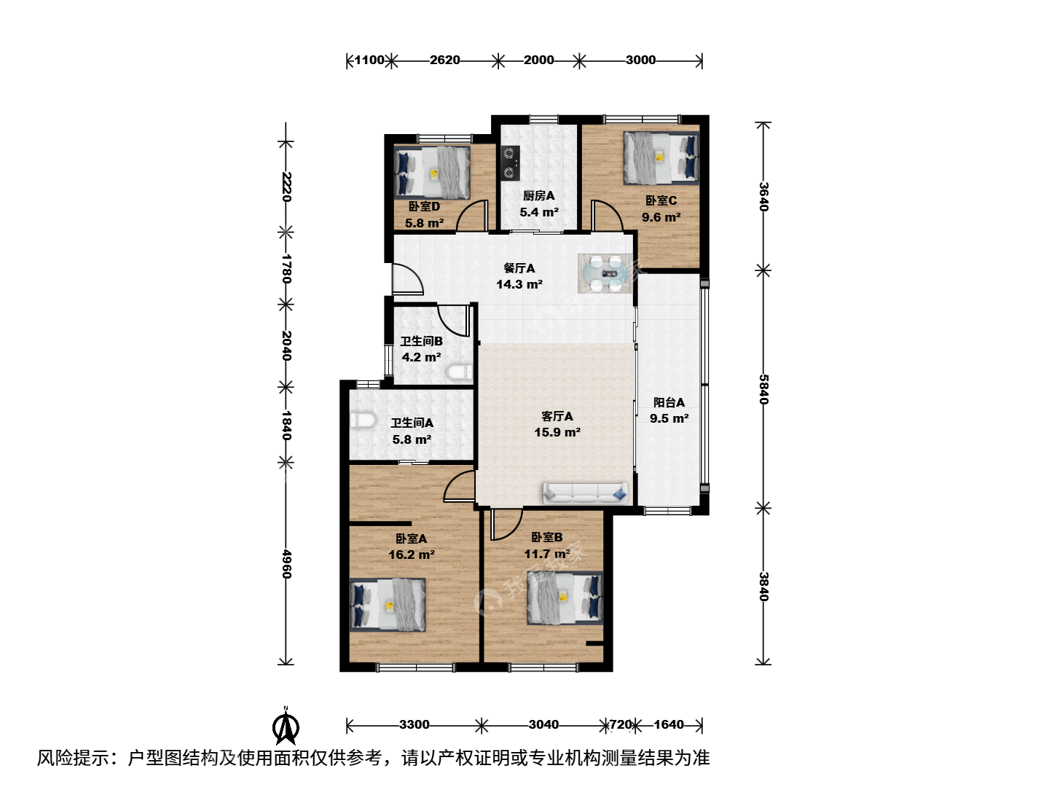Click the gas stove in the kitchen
click(510, 163)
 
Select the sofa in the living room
click(585, 493)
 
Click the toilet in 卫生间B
click(459, 372)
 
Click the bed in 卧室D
click(431, 172)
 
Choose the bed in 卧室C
click(661, 157)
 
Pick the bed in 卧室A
click(387, 605)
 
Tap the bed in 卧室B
click(565, 598)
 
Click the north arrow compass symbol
click(286, 726)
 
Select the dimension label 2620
click(444, 60)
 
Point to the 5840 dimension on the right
click(763, 389)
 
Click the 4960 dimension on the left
click(286, 564)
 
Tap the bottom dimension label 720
click(621, 725)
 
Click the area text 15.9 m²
click(557, 432)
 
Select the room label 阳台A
click(669, 402)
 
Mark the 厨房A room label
click(538, 195)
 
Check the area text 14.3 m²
click(519, 284)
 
